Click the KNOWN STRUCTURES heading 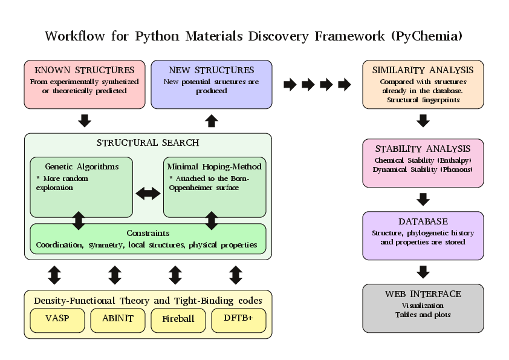coord(85,70)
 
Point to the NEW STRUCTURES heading coord(212,70)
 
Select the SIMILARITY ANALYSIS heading coord(423,70)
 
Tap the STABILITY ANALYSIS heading coord(423,149)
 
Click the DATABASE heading coord(423,221)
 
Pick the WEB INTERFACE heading coord(423,294)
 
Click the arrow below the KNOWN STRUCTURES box coord(85,120)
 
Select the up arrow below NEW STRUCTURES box coord(212,120)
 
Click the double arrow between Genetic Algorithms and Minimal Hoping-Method coord(148,194)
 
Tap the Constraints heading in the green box coord(148,233)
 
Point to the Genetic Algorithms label coord(82,166)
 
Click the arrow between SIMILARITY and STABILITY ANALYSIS coord(423,120)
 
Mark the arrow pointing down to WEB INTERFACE coord(423,272)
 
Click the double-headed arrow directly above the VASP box coord(54,275)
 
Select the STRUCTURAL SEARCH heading coord(148,143)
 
